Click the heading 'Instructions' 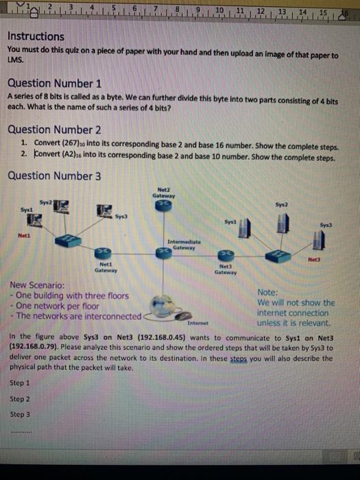coord(36,36)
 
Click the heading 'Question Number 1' coord(54,84)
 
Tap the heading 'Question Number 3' coord(54,176)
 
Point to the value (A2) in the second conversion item coord(66,156)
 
